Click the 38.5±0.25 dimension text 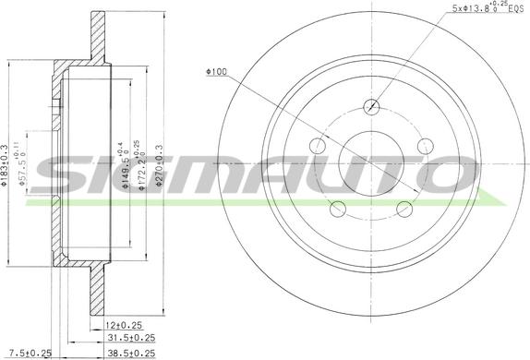tap(129, 352)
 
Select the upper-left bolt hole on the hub tap(318, 145)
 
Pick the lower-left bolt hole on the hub tap(338, 208)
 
